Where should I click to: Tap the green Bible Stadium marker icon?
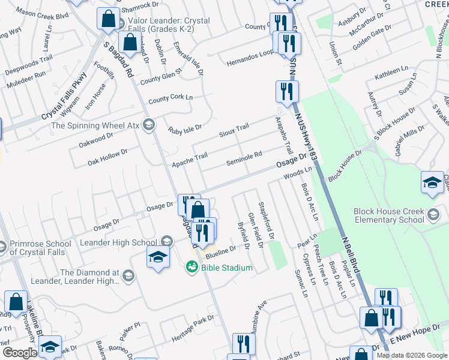[191, 266]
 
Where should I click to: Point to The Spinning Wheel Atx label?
[95, 125]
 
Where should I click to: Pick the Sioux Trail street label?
[234, 130]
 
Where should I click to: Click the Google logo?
[19, 353]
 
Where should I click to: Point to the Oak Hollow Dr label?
[107, 158]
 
